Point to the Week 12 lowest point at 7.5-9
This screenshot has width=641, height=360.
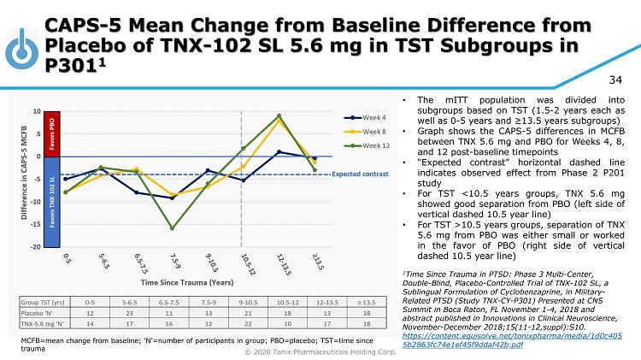point(173,228)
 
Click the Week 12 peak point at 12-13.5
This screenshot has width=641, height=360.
point(279,115)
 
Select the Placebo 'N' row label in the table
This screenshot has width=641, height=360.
point(40,314)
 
